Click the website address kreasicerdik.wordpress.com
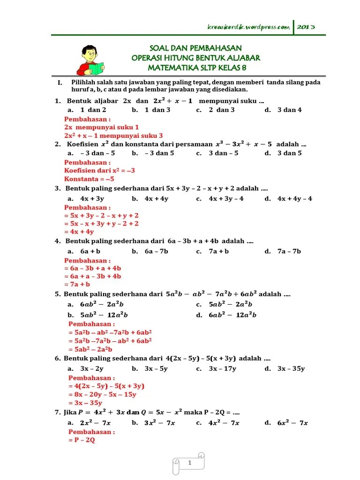[248, 27]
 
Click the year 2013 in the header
[306, 27]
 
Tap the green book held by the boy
[96, 69]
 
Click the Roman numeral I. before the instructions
[60, 82]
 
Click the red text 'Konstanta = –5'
[89, 179]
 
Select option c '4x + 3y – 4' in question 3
[226, 199]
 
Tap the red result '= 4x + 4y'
[79, 232]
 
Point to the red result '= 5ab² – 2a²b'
[90, 350]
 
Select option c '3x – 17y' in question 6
[223, 369]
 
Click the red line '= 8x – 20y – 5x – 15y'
[102, 395]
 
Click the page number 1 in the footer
[190, 464]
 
